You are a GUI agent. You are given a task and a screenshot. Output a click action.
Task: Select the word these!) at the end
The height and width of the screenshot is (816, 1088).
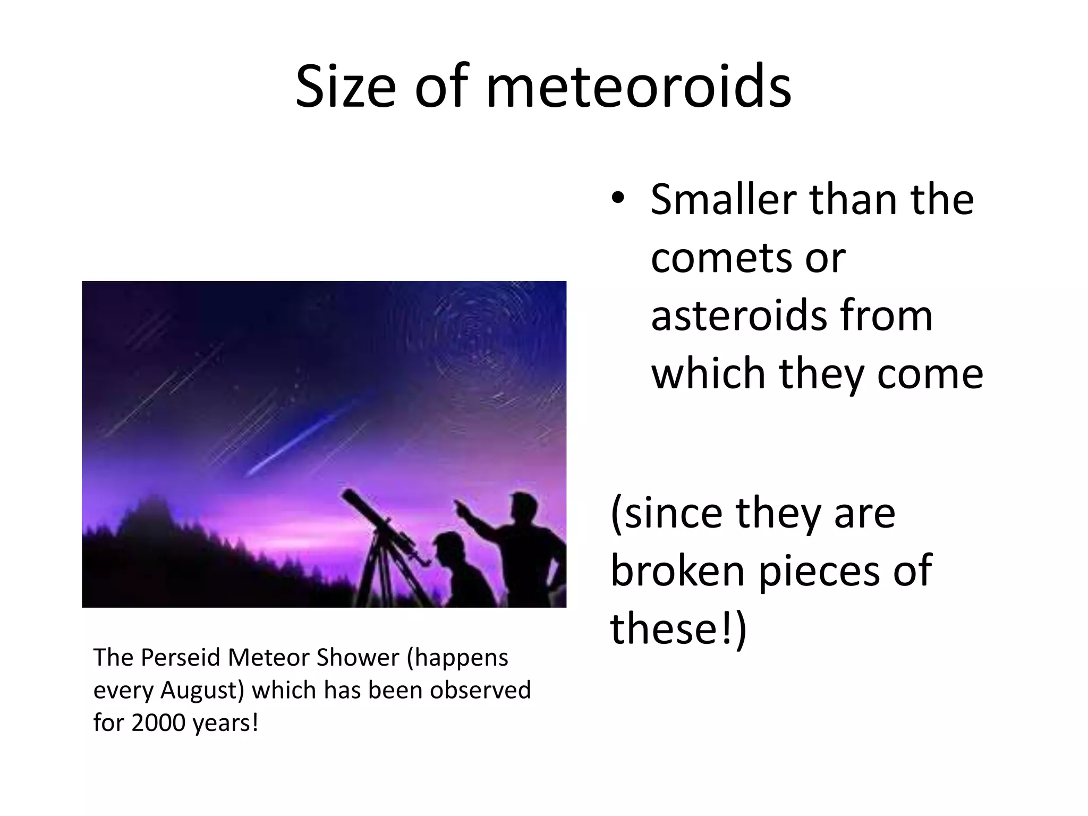[x=678, y=628]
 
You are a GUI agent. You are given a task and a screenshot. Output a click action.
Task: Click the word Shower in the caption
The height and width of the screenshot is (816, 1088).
[x=358, y=658]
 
